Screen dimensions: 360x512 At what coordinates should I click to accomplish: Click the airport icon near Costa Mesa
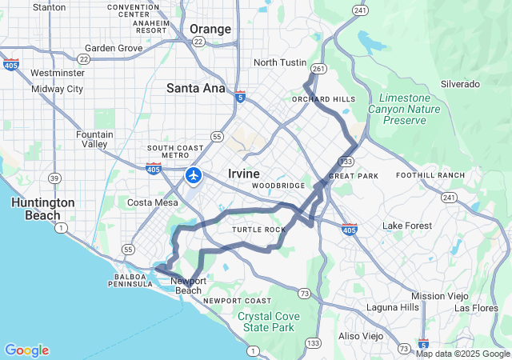point(194,174)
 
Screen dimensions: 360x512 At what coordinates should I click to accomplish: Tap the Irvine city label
point(243,174)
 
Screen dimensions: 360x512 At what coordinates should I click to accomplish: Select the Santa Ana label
point(196,88)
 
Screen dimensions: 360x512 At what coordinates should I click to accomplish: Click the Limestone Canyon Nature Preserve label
point(399,108)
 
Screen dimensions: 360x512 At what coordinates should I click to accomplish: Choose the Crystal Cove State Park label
point(269,322)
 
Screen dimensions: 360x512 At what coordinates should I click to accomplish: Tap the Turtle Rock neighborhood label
point(258,230)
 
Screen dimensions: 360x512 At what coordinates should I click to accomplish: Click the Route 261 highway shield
point(318,70)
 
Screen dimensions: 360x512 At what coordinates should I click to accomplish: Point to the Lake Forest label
point(406,226)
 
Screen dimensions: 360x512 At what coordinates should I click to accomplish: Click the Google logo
point(26,350)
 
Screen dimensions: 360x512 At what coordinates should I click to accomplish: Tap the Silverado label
point(460,84)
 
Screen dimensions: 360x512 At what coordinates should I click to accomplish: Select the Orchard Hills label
point(323,99)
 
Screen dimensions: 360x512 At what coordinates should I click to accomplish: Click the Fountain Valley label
point(94,139)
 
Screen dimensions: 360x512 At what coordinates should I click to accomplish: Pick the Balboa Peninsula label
point(127,281)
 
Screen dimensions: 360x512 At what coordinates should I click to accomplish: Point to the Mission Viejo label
point(439,296)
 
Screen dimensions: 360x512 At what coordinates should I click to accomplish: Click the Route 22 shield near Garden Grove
point(84,58)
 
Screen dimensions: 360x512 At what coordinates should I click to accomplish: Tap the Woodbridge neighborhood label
point(278,186)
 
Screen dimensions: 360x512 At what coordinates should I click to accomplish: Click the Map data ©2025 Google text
point(462,354)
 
